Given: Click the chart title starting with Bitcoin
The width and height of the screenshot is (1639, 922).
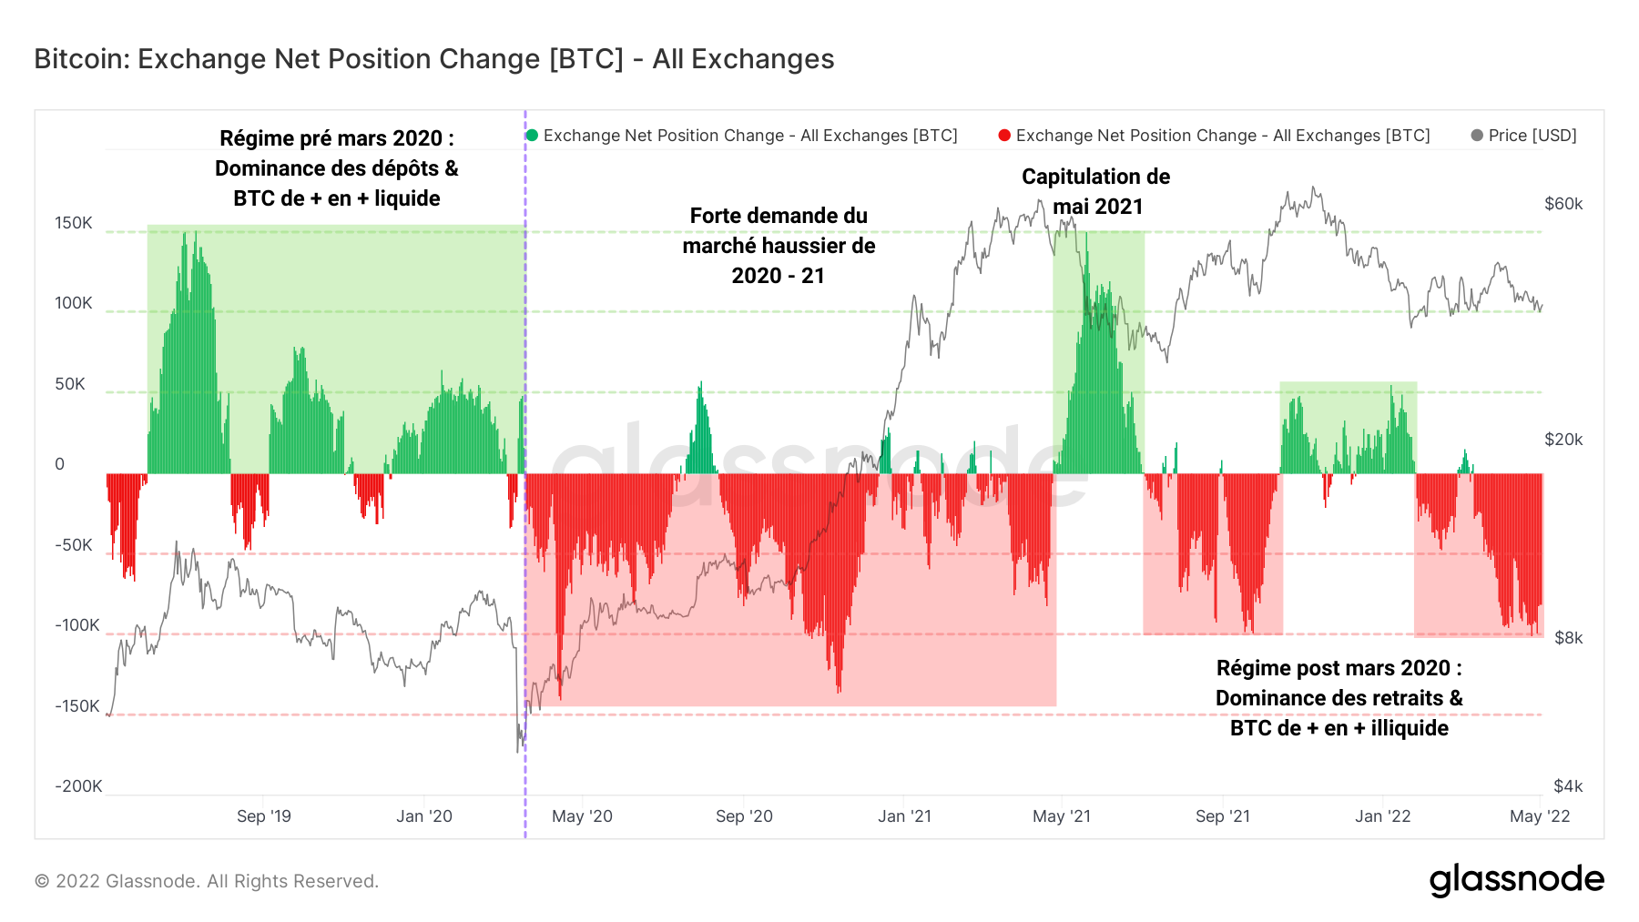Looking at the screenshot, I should [x=433, y=59].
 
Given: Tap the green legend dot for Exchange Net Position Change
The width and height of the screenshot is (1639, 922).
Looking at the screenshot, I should [x=532, y=136].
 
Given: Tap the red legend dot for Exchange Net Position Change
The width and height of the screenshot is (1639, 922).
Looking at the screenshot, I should [x=1004, y=136].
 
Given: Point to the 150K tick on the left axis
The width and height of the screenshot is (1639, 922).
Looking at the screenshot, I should [x=74, y=223].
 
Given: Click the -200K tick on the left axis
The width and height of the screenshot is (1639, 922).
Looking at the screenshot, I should [x=78, y=786].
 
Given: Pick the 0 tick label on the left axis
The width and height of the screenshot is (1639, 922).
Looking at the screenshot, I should [x=60, y=464].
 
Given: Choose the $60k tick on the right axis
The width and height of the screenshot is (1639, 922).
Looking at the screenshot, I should [x=1563, y=204].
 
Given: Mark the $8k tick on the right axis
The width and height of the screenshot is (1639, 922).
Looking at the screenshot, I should [x=1568, y=638].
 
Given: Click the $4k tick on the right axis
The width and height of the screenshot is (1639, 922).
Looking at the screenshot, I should [x=1568, y=786].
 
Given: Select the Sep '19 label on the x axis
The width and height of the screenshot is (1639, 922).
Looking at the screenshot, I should [x=263, y=816].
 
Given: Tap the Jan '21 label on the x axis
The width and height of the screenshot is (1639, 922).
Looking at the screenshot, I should [x=904, y=816].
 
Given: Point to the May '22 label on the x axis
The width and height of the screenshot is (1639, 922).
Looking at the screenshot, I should [x=1539, y=816].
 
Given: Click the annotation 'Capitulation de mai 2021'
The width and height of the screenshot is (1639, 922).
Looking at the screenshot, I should [x=1096, y=191].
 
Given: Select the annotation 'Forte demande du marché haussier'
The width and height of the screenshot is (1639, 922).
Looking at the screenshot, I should [x=779, y=245].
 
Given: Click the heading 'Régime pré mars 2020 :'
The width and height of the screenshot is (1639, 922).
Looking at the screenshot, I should [x=337, y=138].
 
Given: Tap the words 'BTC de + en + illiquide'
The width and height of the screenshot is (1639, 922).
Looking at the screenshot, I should [x=1339, y=728].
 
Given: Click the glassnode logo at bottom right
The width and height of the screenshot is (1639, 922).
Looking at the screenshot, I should [x=1516, y=880].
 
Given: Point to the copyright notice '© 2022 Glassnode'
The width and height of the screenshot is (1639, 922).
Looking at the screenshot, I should [x=207, y=881].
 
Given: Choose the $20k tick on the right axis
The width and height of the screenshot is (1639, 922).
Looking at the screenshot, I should [x=1563, y=440].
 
